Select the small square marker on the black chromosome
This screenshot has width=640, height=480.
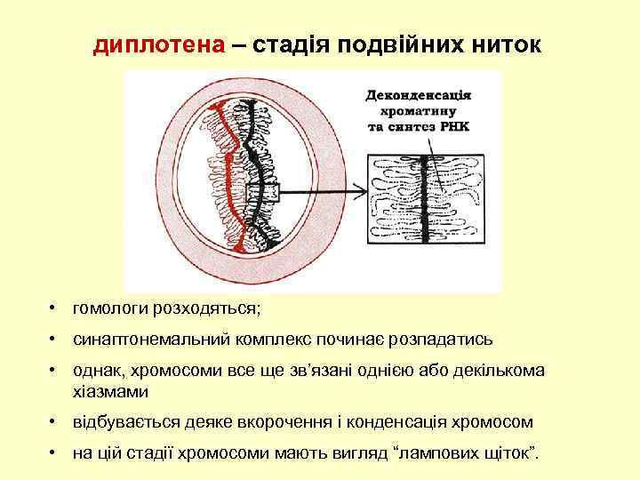[x=269, y=189]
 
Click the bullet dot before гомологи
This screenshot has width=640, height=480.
[x=54, y=308]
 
